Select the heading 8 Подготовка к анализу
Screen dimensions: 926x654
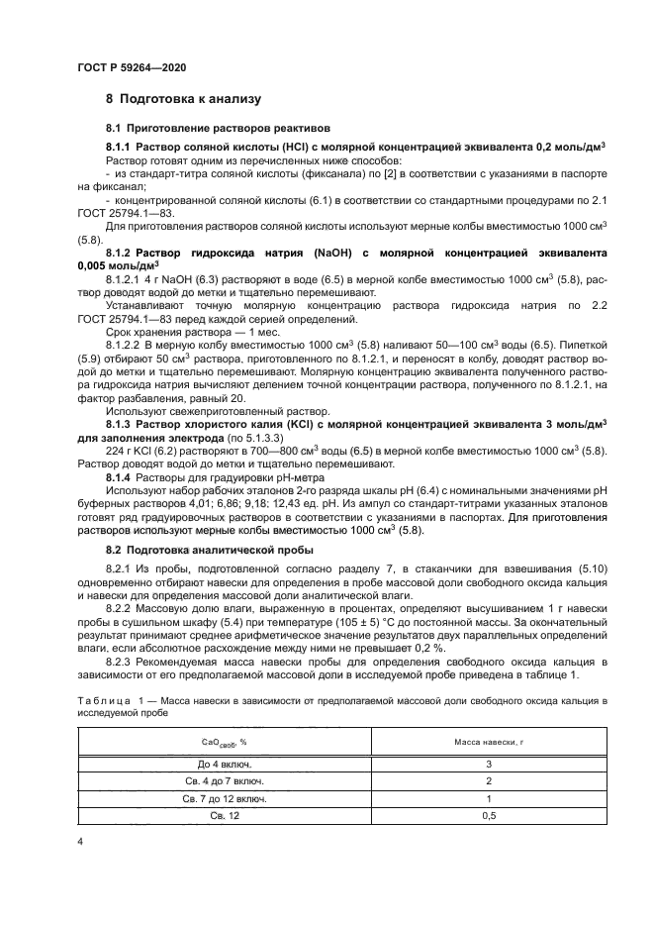[x=183, y=99]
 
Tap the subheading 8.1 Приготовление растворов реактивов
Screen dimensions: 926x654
[x=219, y=129]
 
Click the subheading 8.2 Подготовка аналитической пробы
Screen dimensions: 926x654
[x=211, y=549]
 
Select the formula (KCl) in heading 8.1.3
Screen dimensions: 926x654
[x=292, y=423]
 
